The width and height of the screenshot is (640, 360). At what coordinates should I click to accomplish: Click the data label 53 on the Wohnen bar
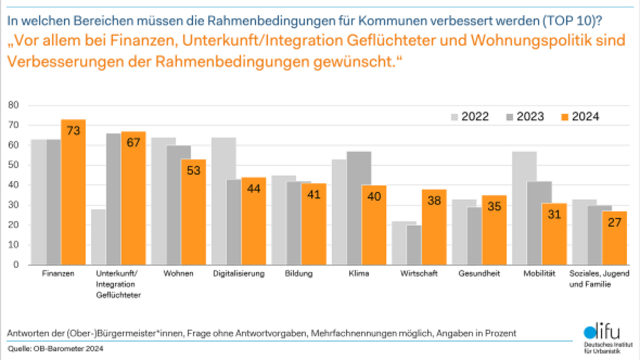click(193, 170)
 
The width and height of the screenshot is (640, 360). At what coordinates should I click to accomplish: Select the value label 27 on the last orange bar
click(614, 222)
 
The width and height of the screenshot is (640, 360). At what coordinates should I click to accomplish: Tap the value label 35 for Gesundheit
click(494, 206)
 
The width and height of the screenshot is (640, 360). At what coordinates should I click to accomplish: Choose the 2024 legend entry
click(579, 117)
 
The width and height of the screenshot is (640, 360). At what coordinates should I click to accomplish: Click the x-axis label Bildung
click(298, 274)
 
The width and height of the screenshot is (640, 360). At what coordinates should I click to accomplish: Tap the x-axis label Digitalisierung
click(238, 274)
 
